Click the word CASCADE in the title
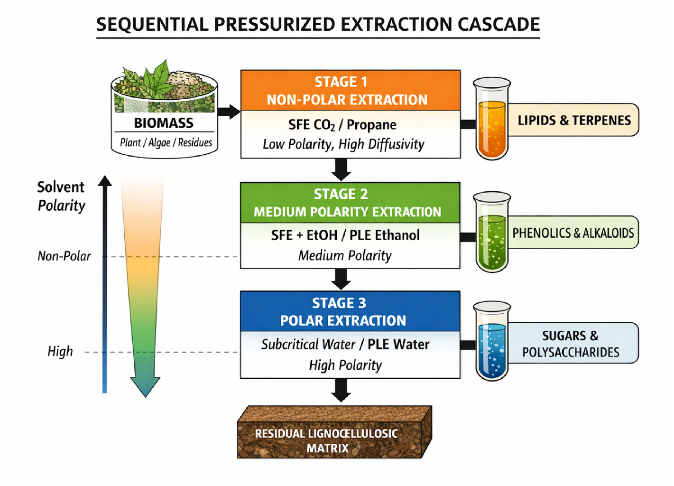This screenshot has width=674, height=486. tap(499, 24)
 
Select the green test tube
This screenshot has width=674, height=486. tap(492, 232)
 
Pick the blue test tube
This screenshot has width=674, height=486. tap(492, 341)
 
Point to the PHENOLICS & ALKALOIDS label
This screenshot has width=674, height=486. tap(573, 233)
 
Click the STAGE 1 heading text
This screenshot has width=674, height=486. tap(341, 82)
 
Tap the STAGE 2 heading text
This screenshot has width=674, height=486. tap(341, 194)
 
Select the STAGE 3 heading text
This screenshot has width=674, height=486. tap(339, 303)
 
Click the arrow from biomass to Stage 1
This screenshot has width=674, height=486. tap(229, 112)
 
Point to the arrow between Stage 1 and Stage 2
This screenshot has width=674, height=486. tap(341, 169)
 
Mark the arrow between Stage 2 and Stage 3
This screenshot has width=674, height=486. tap(341, 279)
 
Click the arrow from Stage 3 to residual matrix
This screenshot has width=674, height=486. tap(341, 390)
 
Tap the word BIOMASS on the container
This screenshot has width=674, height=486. tap(164, 123)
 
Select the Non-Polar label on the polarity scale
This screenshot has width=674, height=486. tap(64, 256)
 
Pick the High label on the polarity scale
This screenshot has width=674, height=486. tap(60, 351)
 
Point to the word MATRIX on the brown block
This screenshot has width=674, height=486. tap(327, 449)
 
